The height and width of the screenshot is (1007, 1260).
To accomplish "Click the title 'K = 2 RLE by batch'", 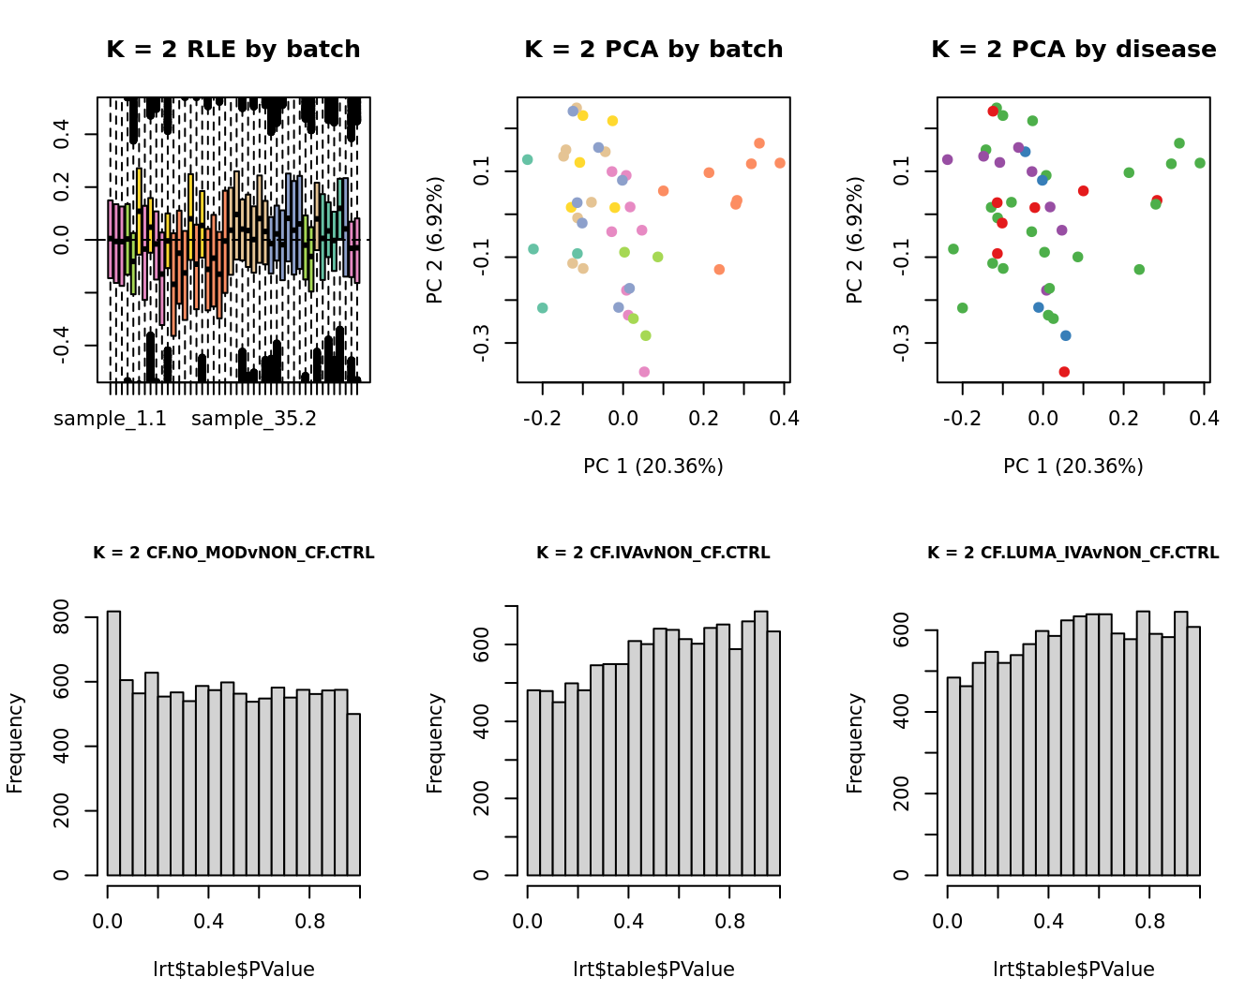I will (x=233, y=50).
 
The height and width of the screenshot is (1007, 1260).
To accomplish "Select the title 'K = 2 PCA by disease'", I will (x=1073, y=50).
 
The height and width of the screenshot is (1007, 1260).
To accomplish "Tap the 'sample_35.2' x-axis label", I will (x=254, y=419).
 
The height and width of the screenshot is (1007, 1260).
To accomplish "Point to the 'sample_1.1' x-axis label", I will (x=110, y=419).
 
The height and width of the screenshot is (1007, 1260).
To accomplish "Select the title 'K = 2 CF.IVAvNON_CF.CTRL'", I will (x=653, y=553).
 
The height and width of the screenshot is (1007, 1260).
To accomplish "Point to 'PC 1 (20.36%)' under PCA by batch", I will (x=653, y=466).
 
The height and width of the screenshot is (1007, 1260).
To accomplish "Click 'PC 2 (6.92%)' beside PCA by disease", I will (x=855, y=240).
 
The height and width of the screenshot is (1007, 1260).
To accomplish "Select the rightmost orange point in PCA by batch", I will (x=780, y=163).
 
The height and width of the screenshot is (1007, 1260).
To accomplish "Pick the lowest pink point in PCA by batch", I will (x=644, y=372).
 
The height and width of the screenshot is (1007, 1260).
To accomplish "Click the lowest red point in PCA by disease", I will (x=1064, y=372).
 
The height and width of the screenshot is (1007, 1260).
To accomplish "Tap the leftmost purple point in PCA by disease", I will (x=947, y=159).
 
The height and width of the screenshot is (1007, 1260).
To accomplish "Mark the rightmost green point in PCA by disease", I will (x=1200, y=163).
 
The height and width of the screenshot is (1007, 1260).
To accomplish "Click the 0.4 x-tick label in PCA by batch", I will (x=785, y=419).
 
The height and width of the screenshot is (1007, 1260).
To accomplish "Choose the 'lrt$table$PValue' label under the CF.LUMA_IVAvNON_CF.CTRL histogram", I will (x=1073, y=970).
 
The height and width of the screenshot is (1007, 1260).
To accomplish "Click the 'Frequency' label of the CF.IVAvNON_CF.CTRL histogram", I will (x=435, y=743).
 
